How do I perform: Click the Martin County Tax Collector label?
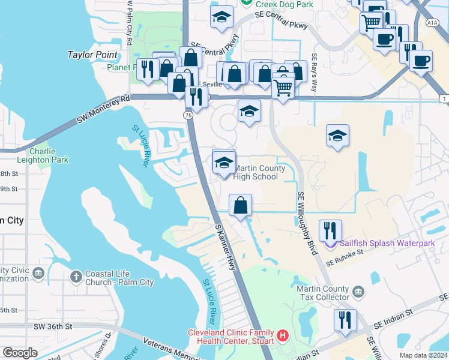tap(323, 293)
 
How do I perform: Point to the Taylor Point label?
tap(92, 55)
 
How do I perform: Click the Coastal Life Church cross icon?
tap(76, 277)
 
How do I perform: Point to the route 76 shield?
tap(188, 114)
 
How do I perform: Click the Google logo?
tap(20, 353)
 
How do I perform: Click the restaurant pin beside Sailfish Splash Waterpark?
tap(330, 230)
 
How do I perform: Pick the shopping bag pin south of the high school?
tap(240, 205)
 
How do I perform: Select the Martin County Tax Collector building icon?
tap(358, 292)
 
